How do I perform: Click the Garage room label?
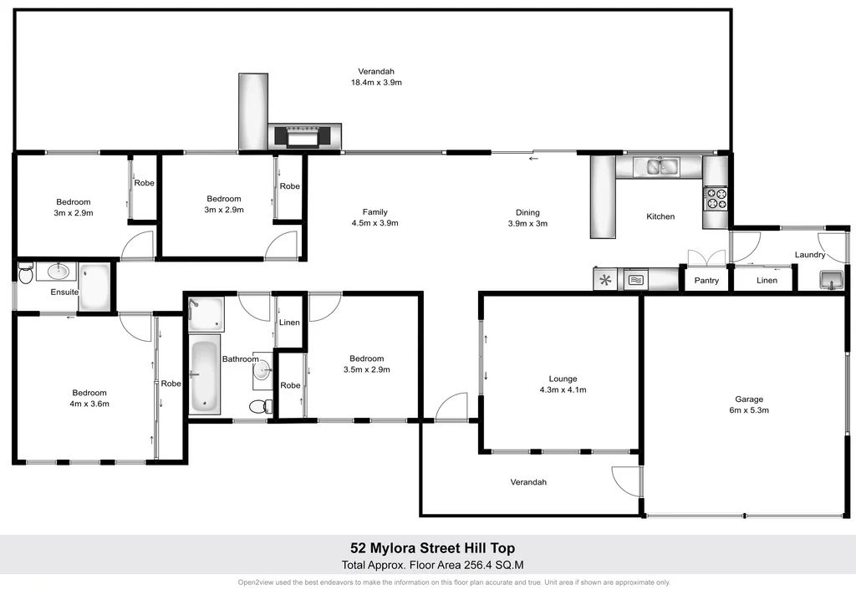(748, 399)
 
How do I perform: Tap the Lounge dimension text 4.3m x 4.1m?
(563, 389)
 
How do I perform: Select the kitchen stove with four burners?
(716, 198)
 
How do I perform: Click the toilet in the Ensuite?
(25, 273)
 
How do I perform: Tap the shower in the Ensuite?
(94, 286)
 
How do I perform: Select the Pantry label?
(706, 281)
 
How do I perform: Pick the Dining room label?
(527, 212)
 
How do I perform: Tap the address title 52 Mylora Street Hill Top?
(433, 548)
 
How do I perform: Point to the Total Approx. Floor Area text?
(433, 564)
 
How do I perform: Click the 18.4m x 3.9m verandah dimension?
(376, 83)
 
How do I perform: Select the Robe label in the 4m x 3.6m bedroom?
(171, 384)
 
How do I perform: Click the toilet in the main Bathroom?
(260, 407)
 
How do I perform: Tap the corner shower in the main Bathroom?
(205, 313)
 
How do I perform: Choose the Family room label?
(374, 212)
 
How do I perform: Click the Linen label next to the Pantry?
(767, 281)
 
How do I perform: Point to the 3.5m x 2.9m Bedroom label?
(367, 358)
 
